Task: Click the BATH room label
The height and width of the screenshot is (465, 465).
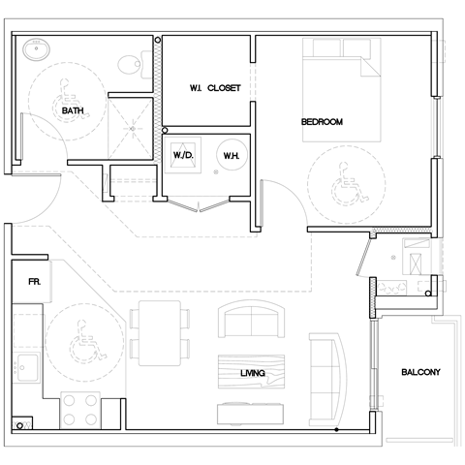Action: coord(72,111)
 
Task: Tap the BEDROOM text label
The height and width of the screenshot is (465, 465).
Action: coord(323,121)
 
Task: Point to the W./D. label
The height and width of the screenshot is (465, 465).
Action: coord(185,155)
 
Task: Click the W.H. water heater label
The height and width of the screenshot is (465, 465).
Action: coord(232,155)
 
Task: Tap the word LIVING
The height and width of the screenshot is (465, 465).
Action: coord(254,372)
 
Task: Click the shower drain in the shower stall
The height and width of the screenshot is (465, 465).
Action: coord(129,128)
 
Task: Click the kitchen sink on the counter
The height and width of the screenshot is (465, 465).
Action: coord(26,368)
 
